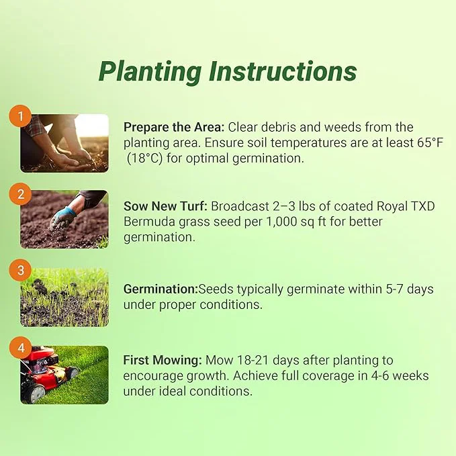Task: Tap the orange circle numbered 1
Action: pyautogui.click(x=20, y=117)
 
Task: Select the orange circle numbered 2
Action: pyautogui.click(x=20, y=194)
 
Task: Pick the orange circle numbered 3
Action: pyautogui.click(x=20, y=271)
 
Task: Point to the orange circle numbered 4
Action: pyautogui.click(x=20, y=349)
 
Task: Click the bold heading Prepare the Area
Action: pyautogui.click(x=173, y=127)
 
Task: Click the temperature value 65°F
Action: pyautogui.click(x=430, y=143)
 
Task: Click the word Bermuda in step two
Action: pyautogui.click(x=145, y=222)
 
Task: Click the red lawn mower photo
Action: pyautogui.click(x=64, y=374)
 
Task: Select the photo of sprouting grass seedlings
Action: pyautogui.click(x=64, y=298)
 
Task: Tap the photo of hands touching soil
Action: pyautogui.click(x=64, y=142)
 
